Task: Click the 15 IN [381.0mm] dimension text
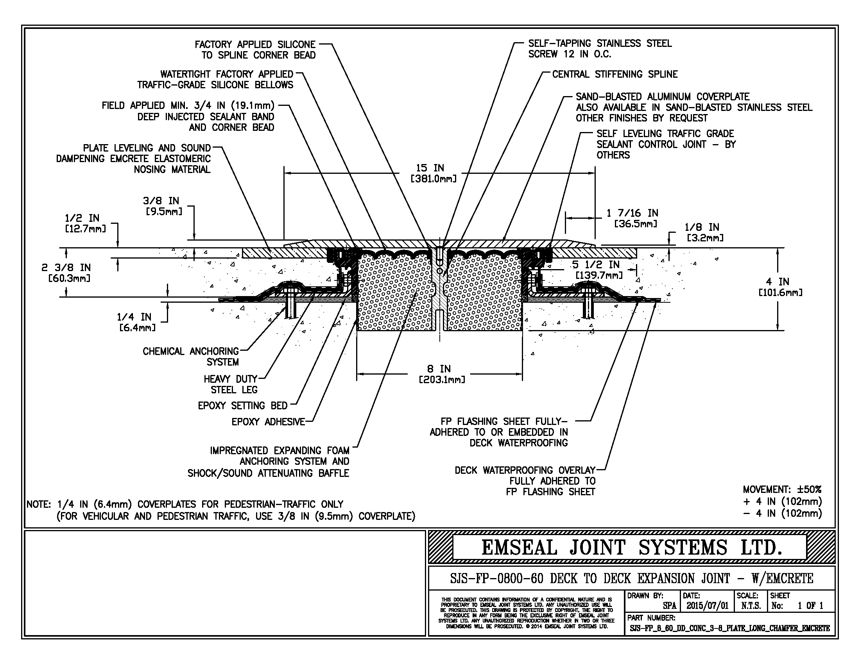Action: tap(434, 173)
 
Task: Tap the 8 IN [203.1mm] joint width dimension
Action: tap(441, 374)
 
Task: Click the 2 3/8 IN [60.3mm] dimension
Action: tap(66, 273)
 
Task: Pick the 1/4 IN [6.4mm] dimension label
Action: tap(136, 322)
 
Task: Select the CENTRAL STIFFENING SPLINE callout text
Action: tap(614, 74)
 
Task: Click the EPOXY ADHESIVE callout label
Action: tap(268, 422)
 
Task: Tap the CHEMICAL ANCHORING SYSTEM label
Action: tap(191, 356)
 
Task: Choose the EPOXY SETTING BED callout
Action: tap(242, 405)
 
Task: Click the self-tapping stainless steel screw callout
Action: tap(599, 49)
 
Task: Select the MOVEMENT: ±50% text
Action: tap(782, 490)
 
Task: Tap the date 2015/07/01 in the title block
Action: tap(708, 606)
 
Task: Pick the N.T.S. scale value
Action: tap(751, 606)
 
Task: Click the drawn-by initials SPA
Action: tap(669, 606)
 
